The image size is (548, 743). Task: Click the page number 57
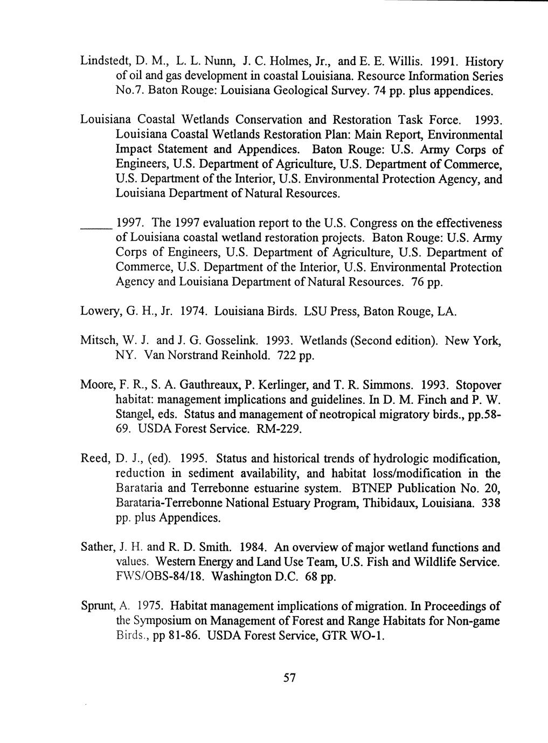pos(289,678)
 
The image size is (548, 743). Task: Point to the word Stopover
pos(478,385)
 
